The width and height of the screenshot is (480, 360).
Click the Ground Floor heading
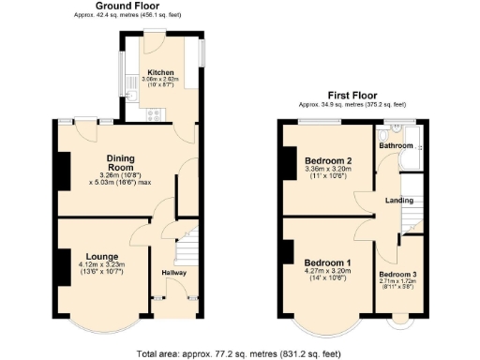(x=119, y=7)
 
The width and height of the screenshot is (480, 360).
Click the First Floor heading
(x=351, y=95)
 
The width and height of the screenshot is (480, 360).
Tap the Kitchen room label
(x=160, y=72)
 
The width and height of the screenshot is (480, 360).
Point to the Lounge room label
(x=101, y=255)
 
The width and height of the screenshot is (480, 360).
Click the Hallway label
(x=174, y=273)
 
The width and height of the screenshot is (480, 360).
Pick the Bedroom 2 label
(x=329, y=160)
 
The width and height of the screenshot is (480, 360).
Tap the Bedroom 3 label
(x=400, y=274)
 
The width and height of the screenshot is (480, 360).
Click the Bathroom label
(x=396, y=146)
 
